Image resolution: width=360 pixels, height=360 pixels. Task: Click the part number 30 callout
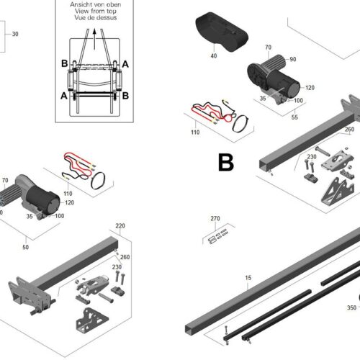[16, 34]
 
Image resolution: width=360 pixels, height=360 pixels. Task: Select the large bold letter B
[226, 163]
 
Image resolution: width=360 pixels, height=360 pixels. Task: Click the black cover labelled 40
[220, 32]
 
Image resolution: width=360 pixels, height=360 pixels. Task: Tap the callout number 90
[293, 59]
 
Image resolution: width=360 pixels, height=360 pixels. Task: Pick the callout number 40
[213, 55]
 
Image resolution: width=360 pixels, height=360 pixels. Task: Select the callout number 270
[215, 218]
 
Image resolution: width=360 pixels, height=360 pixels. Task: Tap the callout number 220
[120, 226]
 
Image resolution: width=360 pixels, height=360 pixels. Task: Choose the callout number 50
[27, 247]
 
